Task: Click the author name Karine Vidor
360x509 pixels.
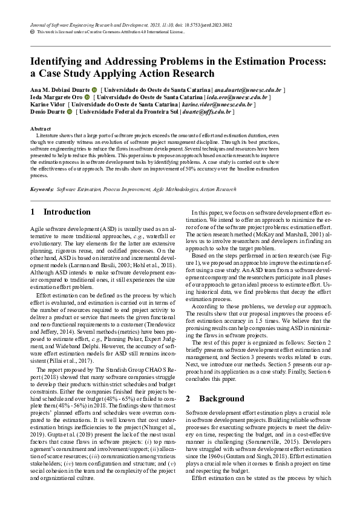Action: coord(48,104)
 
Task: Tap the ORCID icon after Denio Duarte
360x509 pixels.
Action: coord(69,112)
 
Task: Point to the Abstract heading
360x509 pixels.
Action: coord(41,129)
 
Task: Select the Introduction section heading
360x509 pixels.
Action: coord(67,212)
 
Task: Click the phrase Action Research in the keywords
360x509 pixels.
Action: coord(218,189)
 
